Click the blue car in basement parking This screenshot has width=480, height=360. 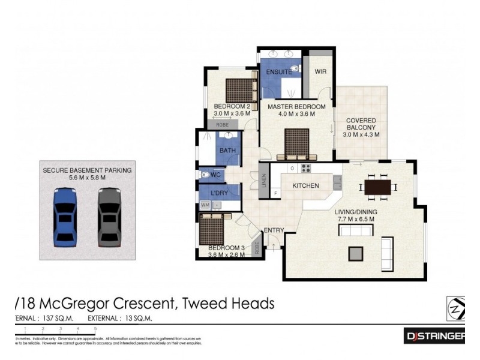pos(65,217)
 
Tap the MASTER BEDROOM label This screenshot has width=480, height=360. pos(296,107)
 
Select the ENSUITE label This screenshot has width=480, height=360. pos(278,72)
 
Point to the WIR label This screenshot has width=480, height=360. pos(320,71)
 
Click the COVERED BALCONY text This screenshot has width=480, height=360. pos(361,124)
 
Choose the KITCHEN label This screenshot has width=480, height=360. pos(305,186)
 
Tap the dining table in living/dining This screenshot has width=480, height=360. pos(378,188)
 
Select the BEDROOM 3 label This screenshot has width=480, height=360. pos(227,248)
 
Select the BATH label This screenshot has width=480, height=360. pos(227,151)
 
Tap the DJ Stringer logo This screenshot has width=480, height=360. pos(434,337)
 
